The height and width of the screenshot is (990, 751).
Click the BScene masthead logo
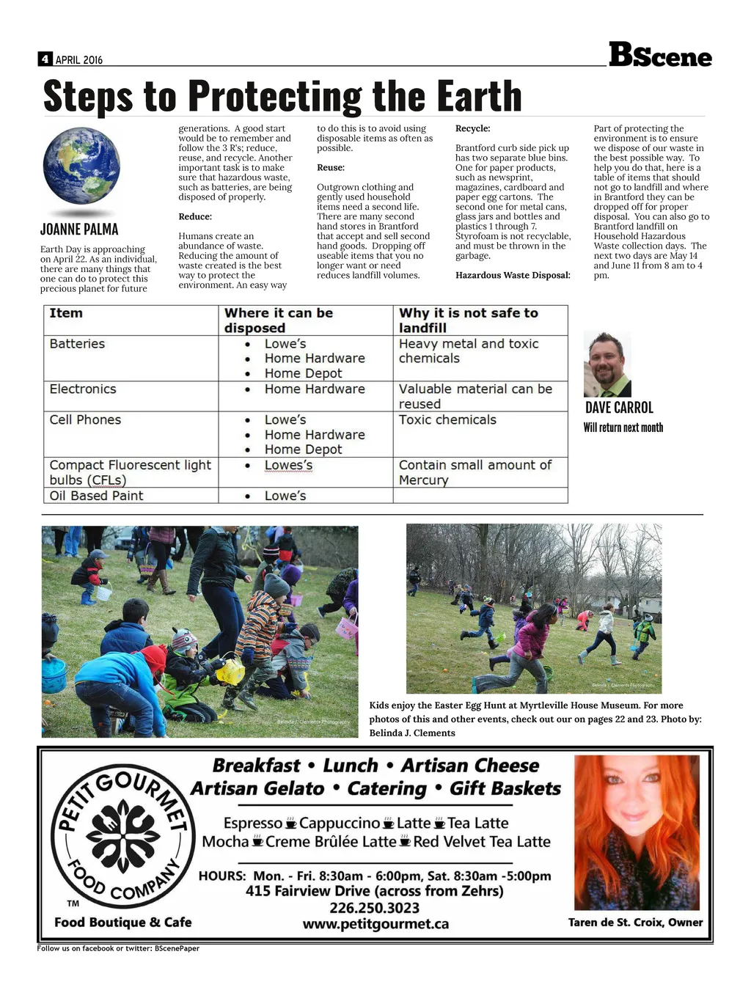click(x=660, y=55)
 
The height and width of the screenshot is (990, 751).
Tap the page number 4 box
click(x=45, y=59)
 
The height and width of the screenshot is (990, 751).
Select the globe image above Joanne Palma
click(x=81, y=166)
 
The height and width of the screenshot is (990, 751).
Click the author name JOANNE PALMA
click(x=79, y=230)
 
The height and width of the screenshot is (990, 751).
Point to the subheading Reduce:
click(x=195, y=217)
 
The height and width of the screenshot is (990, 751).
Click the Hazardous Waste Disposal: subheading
click(x=513, y=276)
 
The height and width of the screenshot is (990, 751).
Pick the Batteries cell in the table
click(x=78, y=344)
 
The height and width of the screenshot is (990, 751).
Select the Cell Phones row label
click(x=85, y=420)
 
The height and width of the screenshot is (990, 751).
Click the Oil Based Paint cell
click(x=96, y=496)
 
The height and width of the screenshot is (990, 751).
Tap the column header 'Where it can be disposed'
click(x=279, y=320)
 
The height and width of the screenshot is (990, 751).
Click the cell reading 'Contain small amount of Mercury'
click(x=475, y=473)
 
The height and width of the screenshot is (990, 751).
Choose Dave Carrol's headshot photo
click(x=607, y=364)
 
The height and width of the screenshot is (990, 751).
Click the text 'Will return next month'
click(x=623, y=428)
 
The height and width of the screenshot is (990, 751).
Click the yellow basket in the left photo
click(x=230, y=670)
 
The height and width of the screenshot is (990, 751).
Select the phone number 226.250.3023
click(x=375, y=908)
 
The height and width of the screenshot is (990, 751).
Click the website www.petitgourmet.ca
click(x=375, y=925)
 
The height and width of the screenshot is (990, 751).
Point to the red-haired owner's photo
click(x=636, y=832)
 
